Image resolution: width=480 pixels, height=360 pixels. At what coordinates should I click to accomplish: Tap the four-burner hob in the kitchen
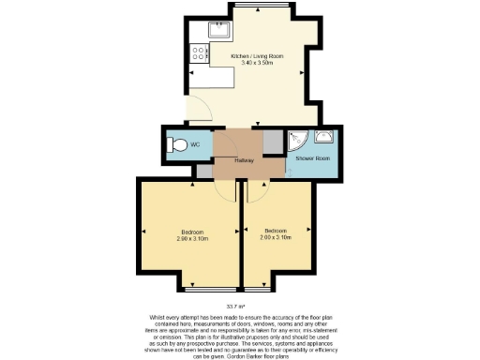[199, 53]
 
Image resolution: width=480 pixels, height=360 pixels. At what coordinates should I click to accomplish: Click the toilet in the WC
[176, 145]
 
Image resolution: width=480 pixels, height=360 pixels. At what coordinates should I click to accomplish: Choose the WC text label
[195, 145]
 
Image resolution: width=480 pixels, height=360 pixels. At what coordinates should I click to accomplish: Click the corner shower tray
[298, 142]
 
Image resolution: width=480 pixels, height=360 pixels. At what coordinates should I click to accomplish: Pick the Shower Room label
[311, 158]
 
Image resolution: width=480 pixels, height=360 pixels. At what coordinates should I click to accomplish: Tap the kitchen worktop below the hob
[199, 69]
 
